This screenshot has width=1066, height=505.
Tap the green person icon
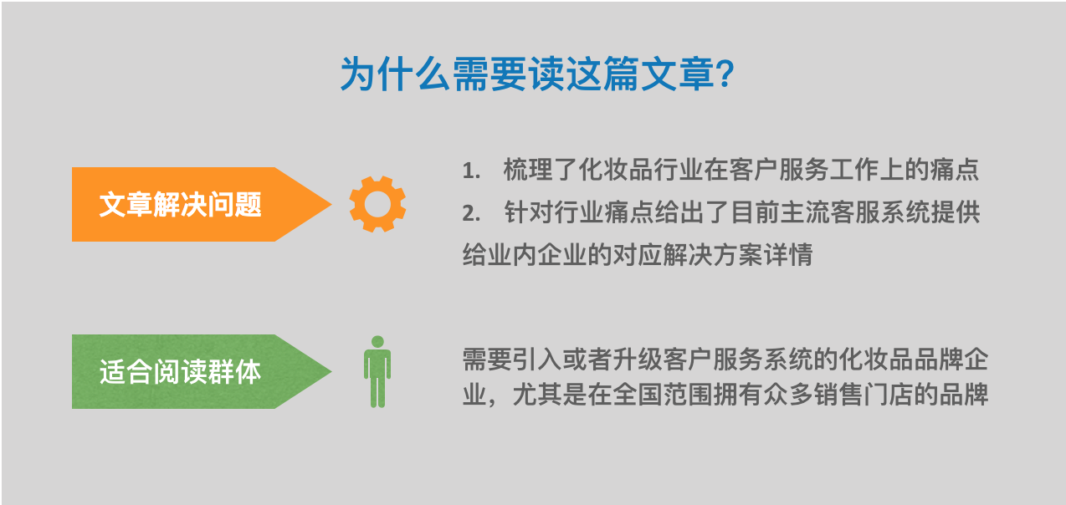(377, 372)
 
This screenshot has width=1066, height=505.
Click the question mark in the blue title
(725, 74)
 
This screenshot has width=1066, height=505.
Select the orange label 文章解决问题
(181, 205)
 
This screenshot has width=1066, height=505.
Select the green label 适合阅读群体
(181, 371)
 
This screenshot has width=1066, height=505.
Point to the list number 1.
(471, 171)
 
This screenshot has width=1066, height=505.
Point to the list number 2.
(471, 213)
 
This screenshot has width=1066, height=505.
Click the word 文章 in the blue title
(678, 74)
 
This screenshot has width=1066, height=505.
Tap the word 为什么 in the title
(396, 74)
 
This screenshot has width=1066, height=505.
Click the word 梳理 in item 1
(528, 170)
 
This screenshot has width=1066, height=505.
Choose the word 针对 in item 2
(528, 212)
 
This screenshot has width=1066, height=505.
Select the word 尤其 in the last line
(538, 395)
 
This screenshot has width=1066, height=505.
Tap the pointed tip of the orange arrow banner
(331, 205)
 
